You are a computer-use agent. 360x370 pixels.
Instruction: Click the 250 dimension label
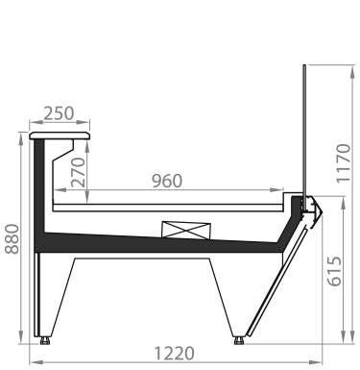(x=59, y=113)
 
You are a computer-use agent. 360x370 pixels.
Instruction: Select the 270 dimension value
(x=79, y=172)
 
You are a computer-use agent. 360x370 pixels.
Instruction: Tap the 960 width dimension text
(x=167, y=181)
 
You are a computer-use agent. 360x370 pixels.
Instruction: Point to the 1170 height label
(x=344, y=163)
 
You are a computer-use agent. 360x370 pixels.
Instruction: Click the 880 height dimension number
(x=12, y=239)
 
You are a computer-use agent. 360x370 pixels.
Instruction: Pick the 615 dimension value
(x=334, y=271)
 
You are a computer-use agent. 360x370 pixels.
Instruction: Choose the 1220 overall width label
(x=175, y=354)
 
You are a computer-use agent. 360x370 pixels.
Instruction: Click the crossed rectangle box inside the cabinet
(x=186, y=230)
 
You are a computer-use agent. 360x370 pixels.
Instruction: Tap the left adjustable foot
(x=45, y=340)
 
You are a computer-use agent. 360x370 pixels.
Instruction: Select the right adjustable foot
(x=239, y=340)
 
